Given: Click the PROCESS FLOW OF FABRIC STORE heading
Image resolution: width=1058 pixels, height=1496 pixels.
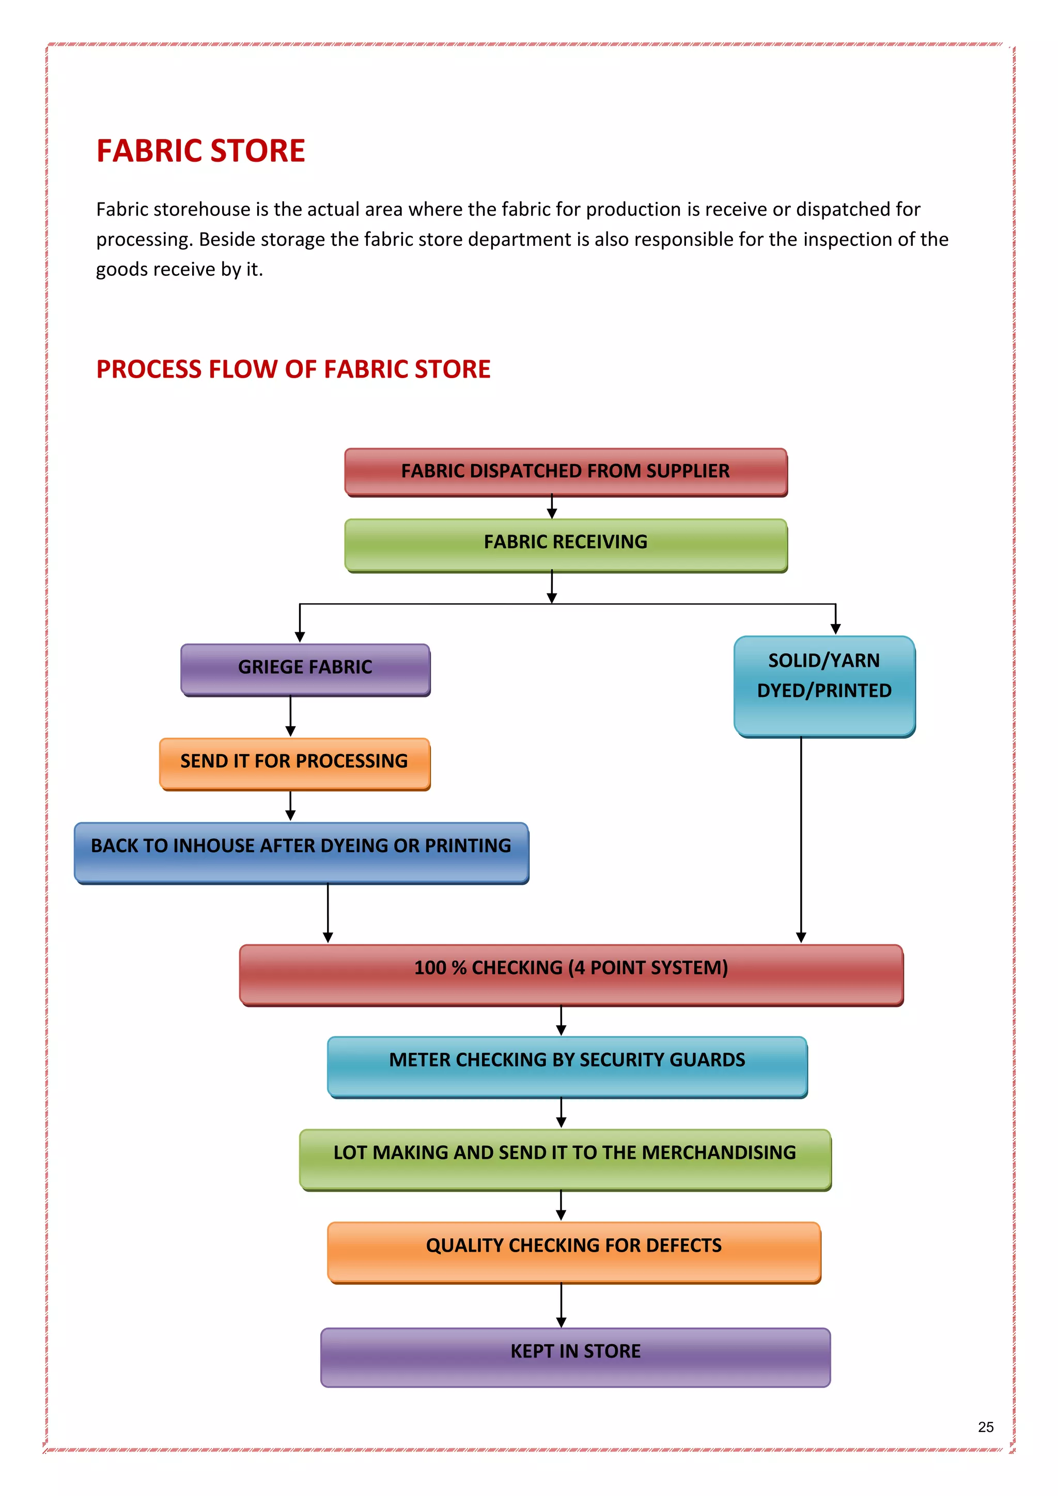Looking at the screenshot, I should click(293, 369).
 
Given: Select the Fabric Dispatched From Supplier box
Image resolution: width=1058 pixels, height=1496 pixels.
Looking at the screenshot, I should click(566, 471).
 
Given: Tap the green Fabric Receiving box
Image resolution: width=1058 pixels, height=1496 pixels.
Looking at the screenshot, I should click(566, 543).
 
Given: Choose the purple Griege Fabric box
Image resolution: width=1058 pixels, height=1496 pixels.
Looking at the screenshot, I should click(305, 668).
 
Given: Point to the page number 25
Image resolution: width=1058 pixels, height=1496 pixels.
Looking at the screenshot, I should click(986, 1427).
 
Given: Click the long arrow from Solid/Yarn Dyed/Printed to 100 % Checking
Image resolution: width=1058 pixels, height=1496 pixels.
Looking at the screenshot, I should click(801, 840).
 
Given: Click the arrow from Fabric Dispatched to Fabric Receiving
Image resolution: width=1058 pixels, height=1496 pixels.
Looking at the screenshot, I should click(552, 507).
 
